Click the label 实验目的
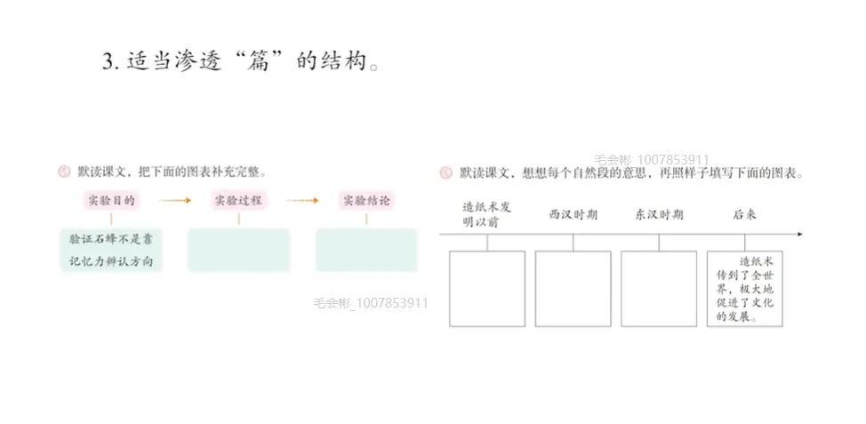point(111,201)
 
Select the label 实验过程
point(237,201)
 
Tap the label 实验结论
point(365,201)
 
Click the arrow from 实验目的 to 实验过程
point(174,201)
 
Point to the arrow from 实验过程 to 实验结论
point(301,201)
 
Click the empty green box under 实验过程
point(238,250)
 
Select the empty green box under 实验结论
point(365,250)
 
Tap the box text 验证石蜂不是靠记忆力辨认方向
point(111,250)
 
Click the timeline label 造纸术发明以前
point(487,214)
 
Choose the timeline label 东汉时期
point(659,215)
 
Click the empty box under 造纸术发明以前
point(487,288)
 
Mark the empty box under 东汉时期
point(659,288)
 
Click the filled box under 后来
point(745,288)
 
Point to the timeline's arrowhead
point(799,235)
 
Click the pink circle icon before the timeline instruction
point(447,172)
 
